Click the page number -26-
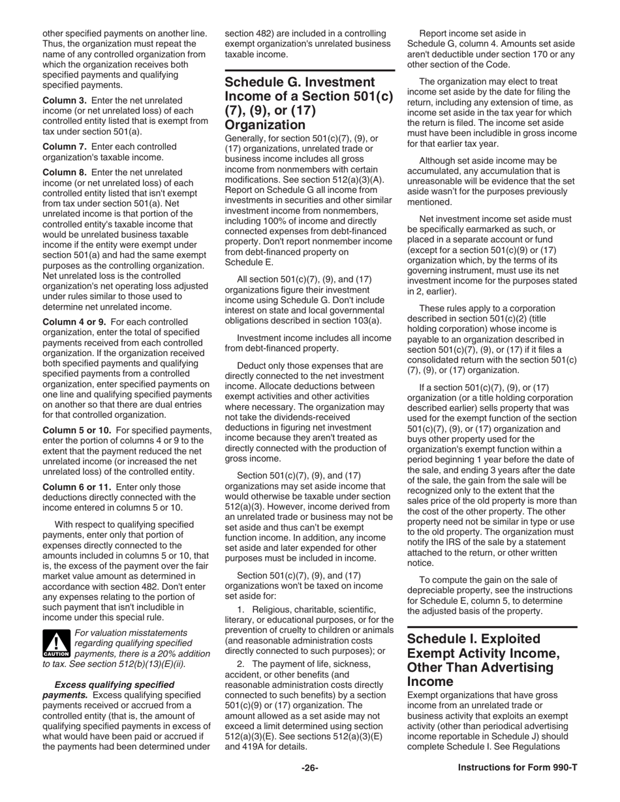[x=310, y=767]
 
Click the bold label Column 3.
[x=64, y=100]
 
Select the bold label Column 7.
[x=64, y=147]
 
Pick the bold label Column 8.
[x=64, y=172]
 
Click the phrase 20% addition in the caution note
[x=176, y=653]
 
